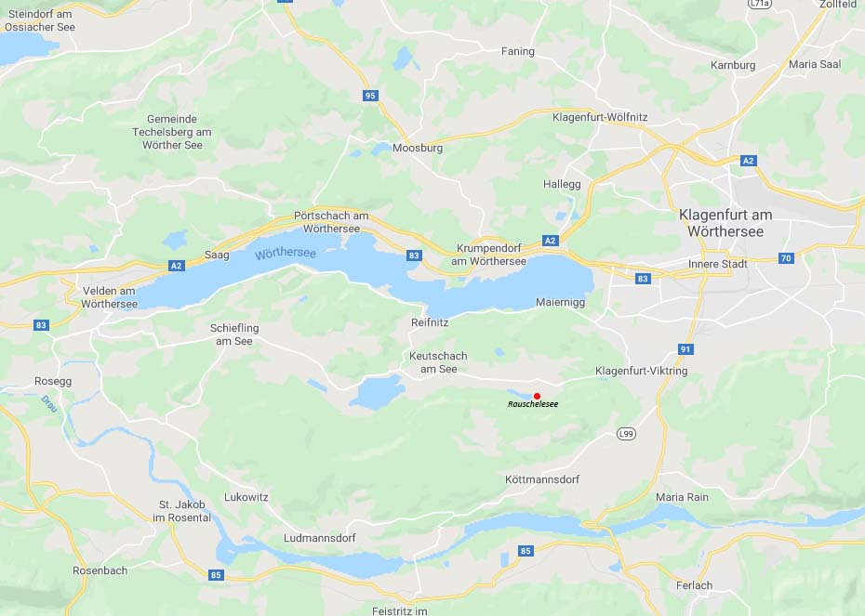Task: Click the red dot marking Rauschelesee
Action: pyautogui.click(x=537, y=396)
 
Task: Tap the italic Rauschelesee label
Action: pyautogui.click(x=533, y=405)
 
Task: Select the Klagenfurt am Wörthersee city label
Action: pyautogui.click(x=725, y=223)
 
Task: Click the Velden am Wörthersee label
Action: pyautogui.click(x=109, y=297)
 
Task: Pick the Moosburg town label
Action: pyautogui.click(x=418, y=148)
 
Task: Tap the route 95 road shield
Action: pyautogui.click(x=371, y=96)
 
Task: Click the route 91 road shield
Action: pyautogui.click(x=686, y=349)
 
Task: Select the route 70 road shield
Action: pyautogui.click(x=786, y=258)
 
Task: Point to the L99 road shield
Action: pyautogui.click(x=626, y=434)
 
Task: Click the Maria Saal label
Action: pyautogui.click(x=815, y=64)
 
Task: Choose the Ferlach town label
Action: pyautogui.click(x=694, y=585)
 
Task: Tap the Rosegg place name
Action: pyautogui.click(x=53, y=381)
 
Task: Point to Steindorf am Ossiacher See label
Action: pyautogui.click(x=39, y=20)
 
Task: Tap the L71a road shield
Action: pyautogui.click(x=761, y=4)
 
